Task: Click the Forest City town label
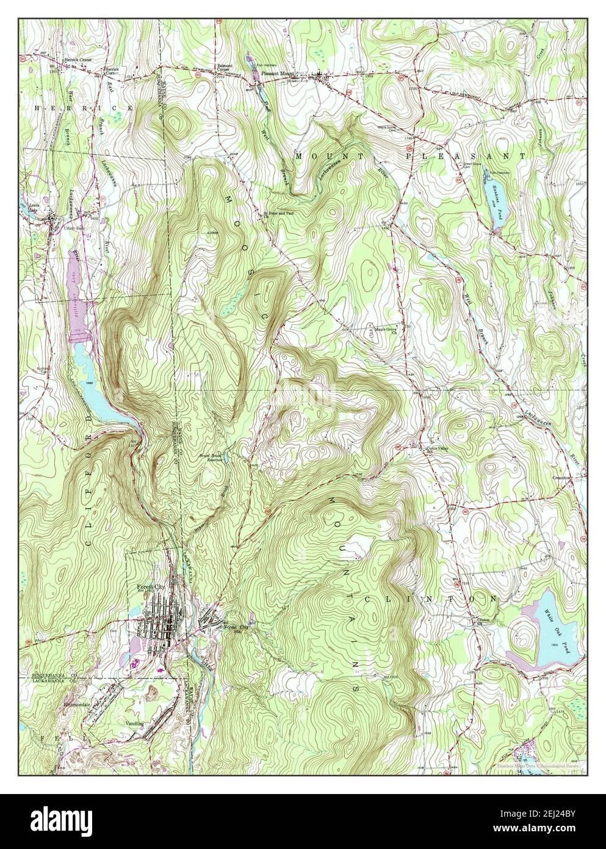coord(151,587)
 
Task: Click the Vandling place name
coord(134,723)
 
